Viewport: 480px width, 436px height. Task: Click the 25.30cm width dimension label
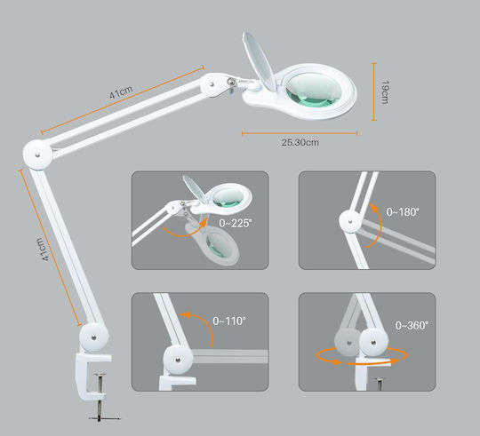pyautogui.click(x=300, y=142)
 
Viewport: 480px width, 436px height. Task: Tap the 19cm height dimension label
pyautogui.click(x=385, y=92)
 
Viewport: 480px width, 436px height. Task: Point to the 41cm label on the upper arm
pyautogui.click(x=121, y=92)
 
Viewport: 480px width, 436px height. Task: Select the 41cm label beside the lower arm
pyautogui.click(x=44, y=250)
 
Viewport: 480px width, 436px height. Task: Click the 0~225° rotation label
pyautogui.click(x=235, y=223)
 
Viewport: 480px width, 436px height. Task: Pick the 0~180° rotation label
pyautogui.click(x=403, y=211)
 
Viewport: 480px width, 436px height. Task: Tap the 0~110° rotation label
pyautogui.click(x=229, y=321)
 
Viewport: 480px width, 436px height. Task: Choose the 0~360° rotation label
pyautogui.click(x=412, y=325)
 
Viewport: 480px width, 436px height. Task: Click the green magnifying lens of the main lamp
pyautogui.click(x=313, y=91)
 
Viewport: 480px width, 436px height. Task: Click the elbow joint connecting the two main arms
pyautogui.click(x=37, y=155)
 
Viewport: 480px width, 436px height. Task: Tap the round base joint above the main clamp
pyautogui.click(x=93, y=337)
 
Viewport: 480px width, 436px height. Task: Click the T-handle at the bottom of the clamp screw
pyautogui.click(x=104, y=417)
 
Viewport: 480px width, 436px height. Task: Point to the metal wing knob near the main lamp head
pyautogui.click(x=231, y=83)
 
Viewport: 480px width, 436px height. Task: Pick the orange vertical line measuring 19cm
pyautogui.click(x=373, y=91)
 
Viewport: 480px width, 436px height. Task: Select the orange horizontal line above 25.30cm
pyautogui.click(x=300, y=133)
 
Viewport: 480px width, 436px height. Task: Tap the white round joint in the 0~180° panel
pyautogui.click(x=351, y=221)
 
